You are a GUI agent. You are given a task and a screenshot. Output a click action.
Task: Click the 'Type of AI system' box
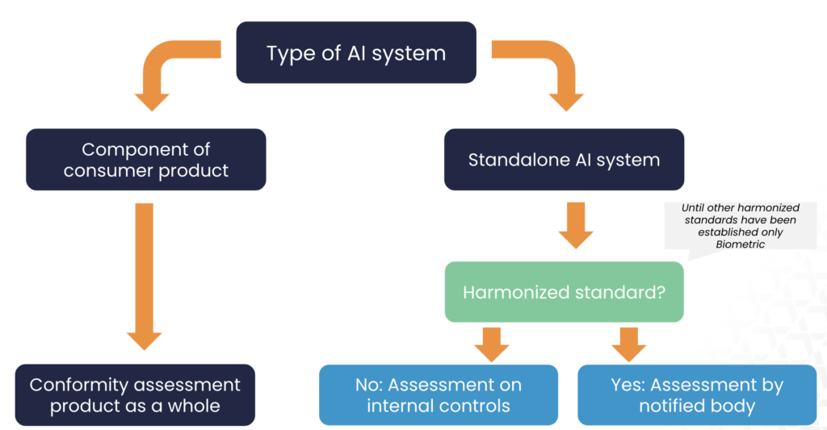tap(356, 52)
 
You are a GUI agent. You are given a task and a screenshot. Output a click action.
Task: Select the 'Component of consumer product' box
tap(145, 160)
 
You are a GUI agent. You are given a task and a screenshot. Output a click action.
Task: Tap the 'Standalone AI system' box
tap(564, 160)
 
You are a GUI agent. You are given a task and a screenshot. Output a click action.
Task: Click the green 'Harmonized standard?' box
tap(564, 292)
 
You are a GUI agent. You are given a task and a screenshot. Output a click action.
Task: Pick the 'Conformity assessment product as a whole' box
tap(135, 395)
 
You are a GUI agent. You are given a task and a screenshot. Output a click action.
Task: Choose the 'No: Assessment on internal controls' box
tap(439, 395)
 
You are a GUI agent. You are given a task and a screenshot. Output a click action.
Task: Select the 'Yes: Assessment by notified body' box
tap(697, 395)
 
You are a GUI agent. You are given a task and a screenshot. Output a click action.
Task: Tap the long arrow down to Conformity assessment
tap(144, 276)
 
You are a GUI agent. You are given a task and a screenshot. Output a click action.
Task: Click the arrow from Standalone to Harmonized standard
tap(576, 225)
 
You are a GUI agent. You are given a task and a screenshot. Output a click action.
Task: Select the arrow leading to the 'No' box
tap(492, 344)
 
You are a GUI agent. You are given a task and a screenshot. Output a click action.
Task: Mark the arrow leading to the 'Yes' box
tap(628, 344)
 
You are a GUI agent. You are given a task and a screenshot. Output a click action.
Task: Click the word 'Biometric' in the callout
tap(740, 244)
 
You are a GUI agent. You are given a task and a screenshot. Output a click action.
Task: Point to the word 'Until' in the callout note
tap(693, 207)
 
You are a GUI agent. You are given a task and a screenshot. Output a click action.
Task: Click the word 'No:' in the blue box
tap(368, 385)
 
